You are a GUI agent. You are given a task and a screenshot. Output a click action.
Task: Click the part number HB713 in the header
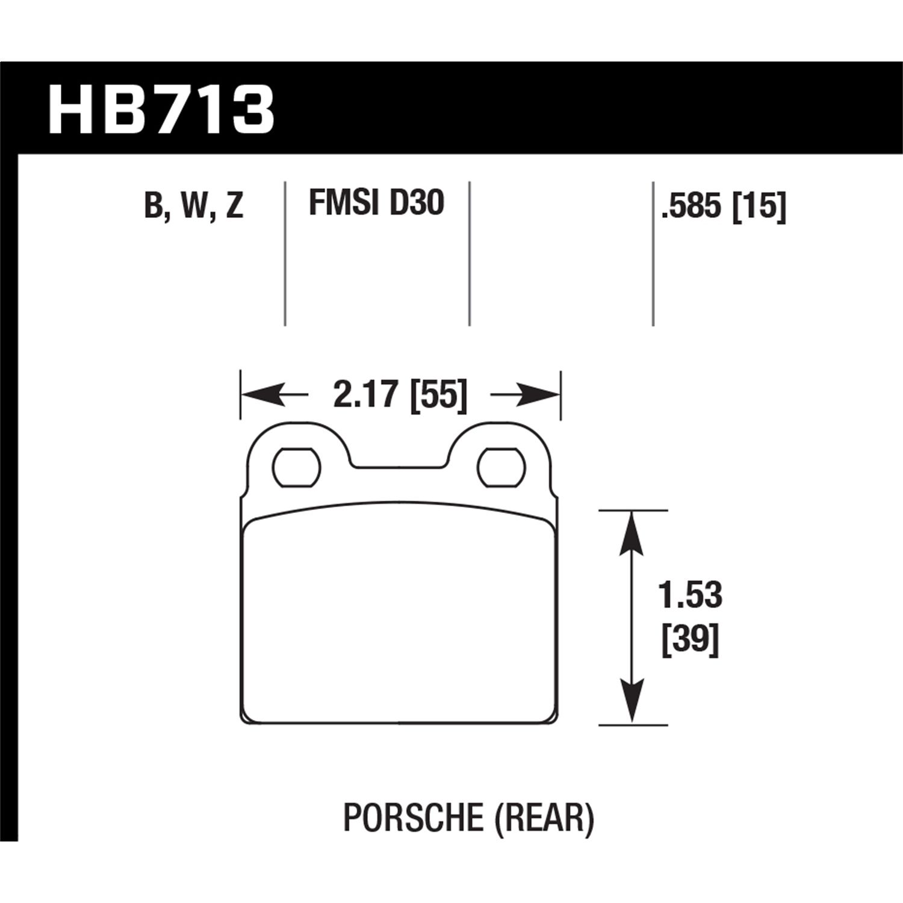[x=161, y=110]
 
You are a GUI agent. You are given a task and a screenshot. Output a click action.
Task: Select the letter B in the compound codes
[x=154, y=205]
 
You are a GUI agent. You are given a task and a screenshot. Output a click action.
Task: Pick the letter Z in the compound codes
[x=235, y=205]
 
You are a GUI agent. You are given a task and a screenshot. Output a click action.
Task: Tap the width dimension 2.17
[x=365, y=396]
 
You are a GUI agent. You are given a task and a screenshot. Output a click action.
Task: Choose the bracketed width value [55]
[x=438, y=396]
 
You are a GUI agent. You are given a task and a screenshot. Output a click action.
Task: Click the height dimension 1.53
[x=690, y=595]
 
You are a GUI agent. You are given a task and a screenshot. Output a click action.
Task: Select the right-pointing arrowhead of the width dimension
[x=540, y=396]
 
